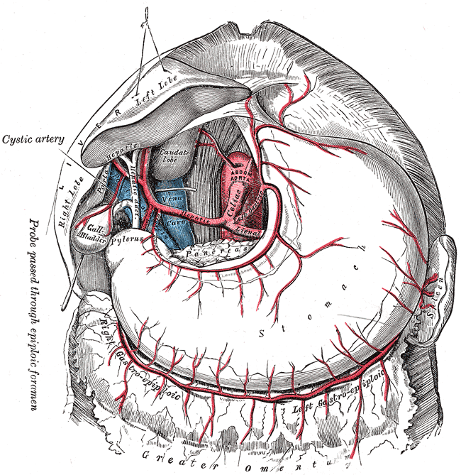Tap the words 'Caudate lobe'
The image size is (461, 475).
point(171,157)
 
